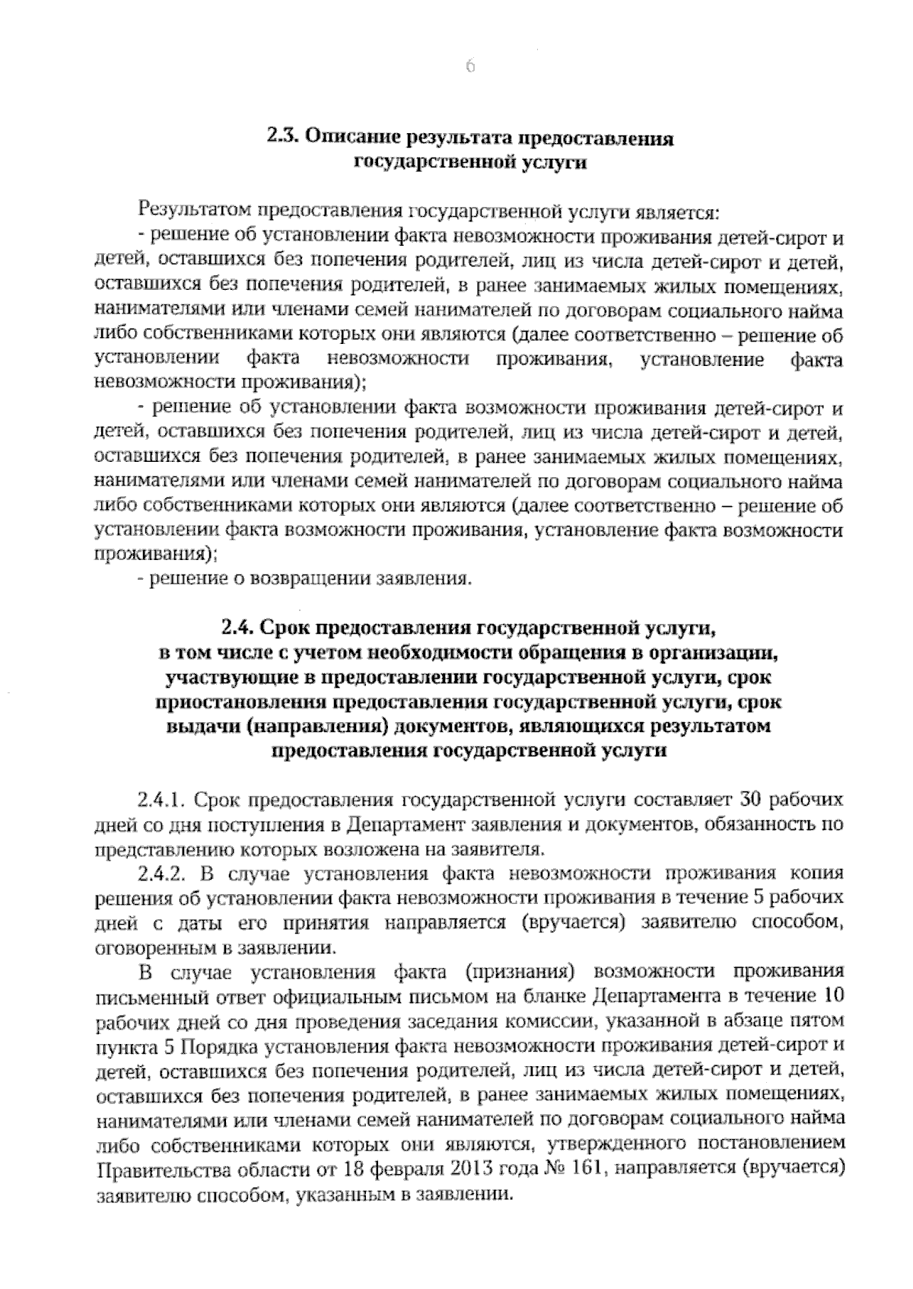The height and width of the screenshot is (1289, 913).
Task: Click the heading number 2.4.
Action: pyautogui.click(x=237, y=628)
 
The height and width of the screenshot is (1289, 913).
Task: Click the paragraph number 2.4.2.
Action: pyautogui.click(x=162, y=873)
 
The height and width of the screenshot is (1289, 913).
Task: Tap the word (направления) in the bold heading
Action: pyautogui.click(x=319, y=725)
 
